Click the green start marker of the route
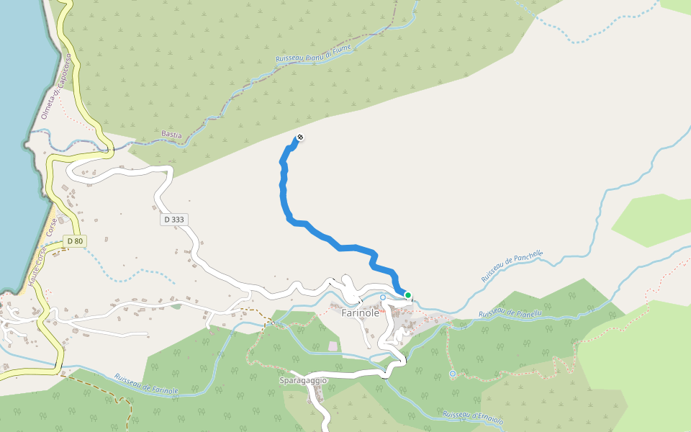pyautogui.click(x=408, y=294)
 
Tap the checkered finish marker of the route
pyautogui.click(x=299, y=138)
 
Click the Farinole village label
pyautogui.click(x=360, y=313)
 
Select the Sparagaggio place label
pyautogui.click(x=303, y=380)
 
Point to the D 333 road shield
pyautogui.click(x=175, y=219)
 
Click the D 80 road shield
pyautogui.click(x=74, y=241)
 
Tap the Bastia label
pyautogui.click(x=172, y=135)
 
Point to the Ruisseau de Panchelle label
pyautogui.click(x=512, y=266)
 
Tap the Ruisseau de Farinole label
pyautogui.click(x=146, y=384)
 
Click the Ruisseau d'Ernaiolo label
pyautogui.click(x=473, y=418)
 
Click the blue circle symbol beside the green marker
pyautogui.click(x=383, y=297)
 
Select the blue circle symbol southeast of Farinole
pyautogui.click(x=453, y=374)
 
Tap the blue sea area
pyautogui.click(x=18, y=144)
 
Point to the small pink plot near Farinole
pyautogui.click(x=333, y=346)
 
